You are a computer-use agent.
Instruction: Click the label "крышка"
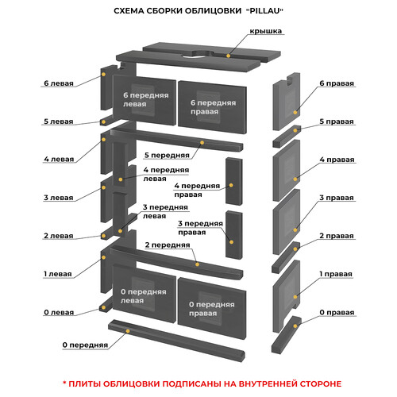pos(265,31)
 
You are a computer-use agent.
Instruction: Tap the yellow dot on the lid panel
pos(229,56)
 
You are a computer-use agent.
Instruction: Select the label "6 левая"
pos(59,83)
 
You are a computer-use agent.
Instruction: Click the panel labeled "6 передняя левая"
pos(145,100)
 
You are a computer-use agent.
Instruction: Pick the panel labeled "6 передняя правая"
pos(212,107)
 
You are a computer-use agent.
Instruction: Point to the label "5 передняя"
pos(167,156)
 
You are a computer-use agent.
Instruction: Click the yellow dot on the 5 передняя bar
pos(202,143)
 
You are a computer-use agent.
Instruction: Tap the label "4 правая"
pos(337,160)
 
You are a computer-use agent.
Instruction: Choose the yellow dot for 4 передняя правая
pos(231,185)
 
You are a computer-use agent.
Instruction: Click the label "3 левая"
pos(59,198)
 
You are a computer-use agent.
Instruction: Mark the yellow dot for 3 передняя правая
pos(232,242)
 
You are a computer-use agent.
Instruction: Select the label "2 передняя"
pos(168,245)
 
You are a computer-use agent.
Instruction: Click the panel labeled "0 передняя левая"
pos(145,293)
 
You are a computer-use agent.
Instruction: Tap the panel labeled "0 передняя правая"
pos(212,308)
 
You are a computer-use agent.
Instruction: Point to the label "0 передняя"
pos(85,345)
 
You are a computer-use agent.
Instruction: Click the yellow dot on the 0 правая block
pos(295,326)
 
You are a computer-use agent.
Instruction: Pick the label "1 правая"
pos(336,274)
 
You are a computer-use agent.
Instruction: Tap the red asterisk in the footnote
pos(64,383)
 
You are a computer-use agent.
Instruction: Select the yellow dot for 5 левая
pos(103,122)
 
